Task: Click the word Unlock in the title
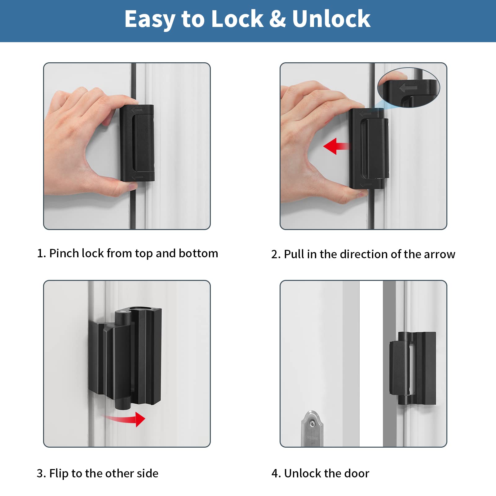331,19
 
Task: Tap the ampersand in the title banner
277,19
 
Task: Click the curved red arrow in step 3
127,419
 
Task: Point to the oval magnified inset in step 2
409,88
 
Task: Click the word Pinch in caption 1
64,254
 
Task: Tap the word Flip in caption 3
59,474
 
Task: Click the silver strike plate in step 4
312,429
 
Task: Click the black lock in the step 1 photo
137,143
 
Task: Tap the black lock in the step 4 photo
412,368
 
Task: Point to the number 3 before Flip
40,474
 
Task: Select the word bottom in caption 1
198,254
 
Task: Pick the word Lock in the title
237,19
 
